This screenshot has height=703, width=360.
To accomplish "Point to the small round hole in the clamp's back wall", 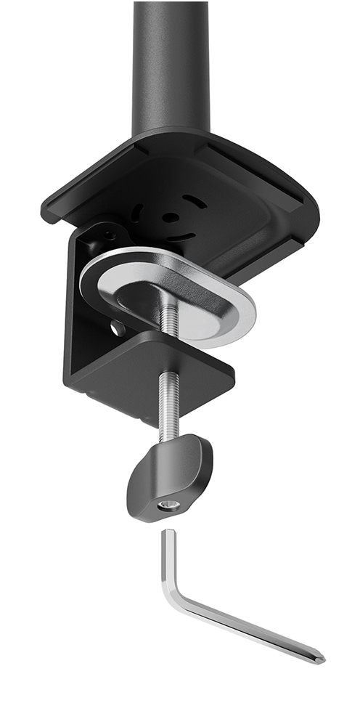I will click(115, 329).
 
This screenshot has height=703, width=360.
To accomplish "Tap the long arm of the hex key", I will click(247, 628).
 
